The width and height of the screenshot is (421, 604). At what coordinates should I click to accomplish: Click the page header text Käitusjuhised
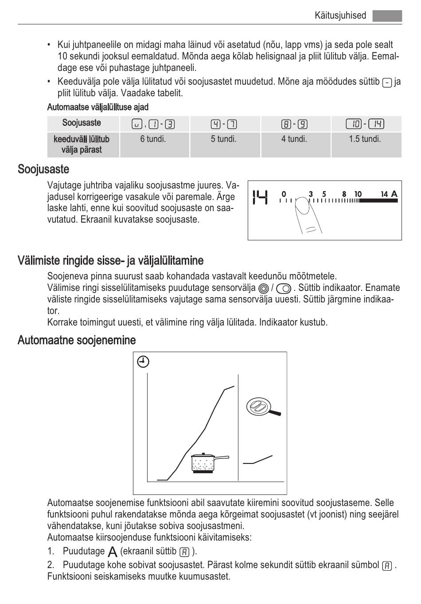(x=340, y=16)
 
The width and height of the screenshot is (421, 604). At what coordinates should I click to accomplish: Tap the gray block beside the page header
(x=387, y=16)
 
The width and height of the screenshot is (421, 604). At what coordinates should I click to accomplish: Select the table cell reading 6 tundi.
(x=153, y=139)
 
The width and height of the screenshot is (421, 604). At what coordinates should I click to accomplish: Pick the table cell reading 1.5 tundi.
(x=365, y=139)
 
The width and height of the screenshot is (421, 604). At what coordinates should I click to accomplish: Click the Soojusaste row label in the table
(x=82, y=123)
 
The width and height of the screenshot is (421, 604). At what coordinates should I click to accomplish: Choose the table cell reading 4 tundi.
(x=294, y=139)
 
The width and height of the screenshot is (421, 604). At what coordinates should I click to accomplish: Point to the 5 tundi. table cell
(x=223, y=139)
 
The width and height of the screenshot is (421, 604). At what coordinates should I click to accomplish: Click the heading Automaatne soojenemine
(x=77, y=341)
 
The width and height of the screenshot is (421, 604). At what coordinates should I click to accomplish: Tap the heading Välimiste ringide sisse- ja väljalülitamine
(x=111, y=260)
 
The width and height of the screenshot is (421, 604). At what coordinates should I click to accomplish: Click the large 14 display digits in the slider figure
(x=260, y=197)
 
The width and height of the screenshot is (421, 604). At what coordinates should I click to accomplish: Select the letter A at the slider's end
(x=394, y=194)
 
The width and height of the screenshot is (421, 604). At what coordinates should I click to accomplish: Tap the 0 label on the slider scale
(x=284, y=194)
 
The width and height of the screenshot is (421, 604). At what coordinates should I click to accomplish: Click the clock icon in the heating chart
(x=143, y=362)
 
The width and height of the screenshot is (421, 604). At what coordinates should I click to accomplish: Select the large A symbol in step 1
(x=113, y=552)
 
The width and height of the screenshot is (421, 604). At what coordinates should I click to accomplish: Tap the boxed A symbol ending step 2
(x=387, y=565)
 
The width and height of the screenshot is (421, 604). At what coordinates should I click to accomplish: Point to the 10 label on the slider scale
(x=358, y=194)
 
